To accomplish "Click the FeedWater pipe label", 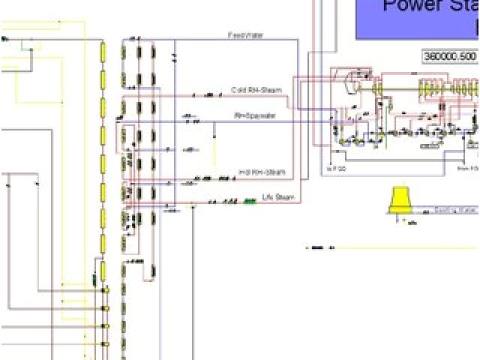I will (x=245, y=35).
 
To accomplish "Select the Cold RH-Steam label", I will (x=256, y=90).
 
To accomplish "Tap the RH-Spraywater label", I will (x=255, y=115).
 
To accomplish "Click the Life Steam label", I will (x=278, y=197).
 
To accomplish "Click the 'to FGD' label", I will (x=336, y=169).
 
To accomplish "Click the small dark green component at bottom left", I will (x=94, y=279).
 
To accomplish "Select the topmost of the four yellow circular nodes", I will (x=106, y=289).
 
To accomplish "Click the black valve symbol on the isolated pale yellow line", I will (x=322, y=247).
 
